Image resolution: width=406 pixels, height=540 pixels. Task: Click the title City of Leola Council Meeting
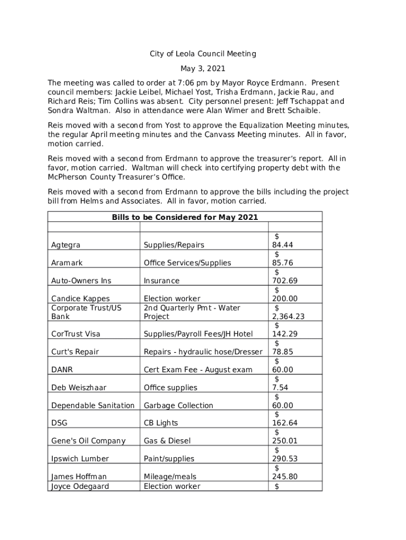(x=203, y=54)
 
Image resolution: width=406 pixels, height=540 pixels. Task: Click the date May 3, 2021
(x=203, y=69)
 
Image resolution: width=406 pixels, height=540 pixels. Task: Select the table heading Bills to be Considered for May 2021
(x=185, y=217)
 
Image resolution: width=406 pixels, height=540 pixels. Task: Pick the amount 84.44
(x=283, y=245)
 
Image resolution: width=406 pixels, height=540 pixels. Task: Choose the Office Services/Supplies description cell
(x=187, y=263)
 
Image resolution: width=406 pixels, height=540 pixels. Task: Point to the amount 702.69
(x=285, y=281)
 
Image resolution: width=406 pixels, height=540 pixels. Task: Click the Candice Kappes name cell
(x=73, y=299)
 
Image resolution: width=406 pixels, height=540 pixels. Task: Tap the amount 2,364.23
(x=288, y=317)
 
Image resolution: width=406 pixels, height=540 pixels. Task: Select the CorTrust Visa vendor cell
(x=75, y=334)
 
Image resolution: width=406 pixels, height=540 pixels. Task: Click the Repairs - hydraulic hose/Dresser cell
(x=203, y=352)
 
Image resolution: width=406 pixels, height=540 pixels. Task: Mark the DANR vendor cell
(x=62, y=370)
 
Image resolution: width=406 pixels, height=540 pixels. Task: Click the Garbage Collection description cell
(x=178, y=406)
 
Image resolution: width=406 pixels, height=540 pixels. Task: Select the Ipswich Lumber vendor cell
(x=80, y=459)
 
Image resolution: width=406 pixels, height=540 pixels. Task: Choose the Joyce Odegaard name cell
(x=80, y=487)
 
